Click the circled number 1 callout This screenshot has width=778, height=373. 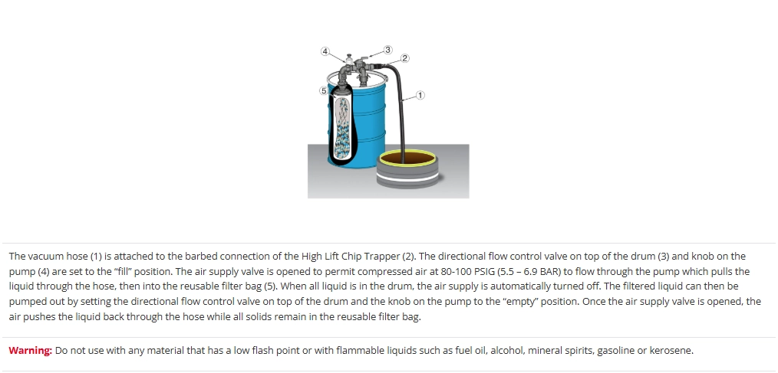pyautogui.click(x=420, y=95)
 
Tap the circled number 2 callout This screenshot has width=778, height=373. pyautogui.click(x=405, y=58)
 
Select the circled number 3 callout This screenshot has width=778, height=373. pyautogui.click(x=387, y=50)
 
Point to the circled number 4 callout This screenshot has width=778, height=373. pyautogui.click(x=325, y=51)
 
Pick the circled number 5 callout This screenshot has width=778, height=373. pyautogui.click(x=324, y=90)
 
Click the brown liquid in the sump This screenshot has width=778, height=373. pyautogui.click(x=408, y=159)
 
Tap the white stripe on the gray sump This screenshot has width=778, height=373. pyautogui.click(x=407, y=177)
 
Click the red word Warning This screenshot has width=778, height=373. pyautogui.click(x=30, y=350)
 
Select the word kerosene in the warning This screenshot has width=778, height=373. pyautogui.click(x=671, y=350)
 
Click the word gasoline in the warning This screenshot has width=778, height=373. pyautogui.click(x=616, y=351)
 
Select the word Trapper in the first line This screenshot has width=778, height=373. pyautogui.click(x=381, y=257)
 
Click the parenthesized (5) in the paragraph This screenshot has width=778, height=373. pyautogui.click(x=269, y=286)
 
